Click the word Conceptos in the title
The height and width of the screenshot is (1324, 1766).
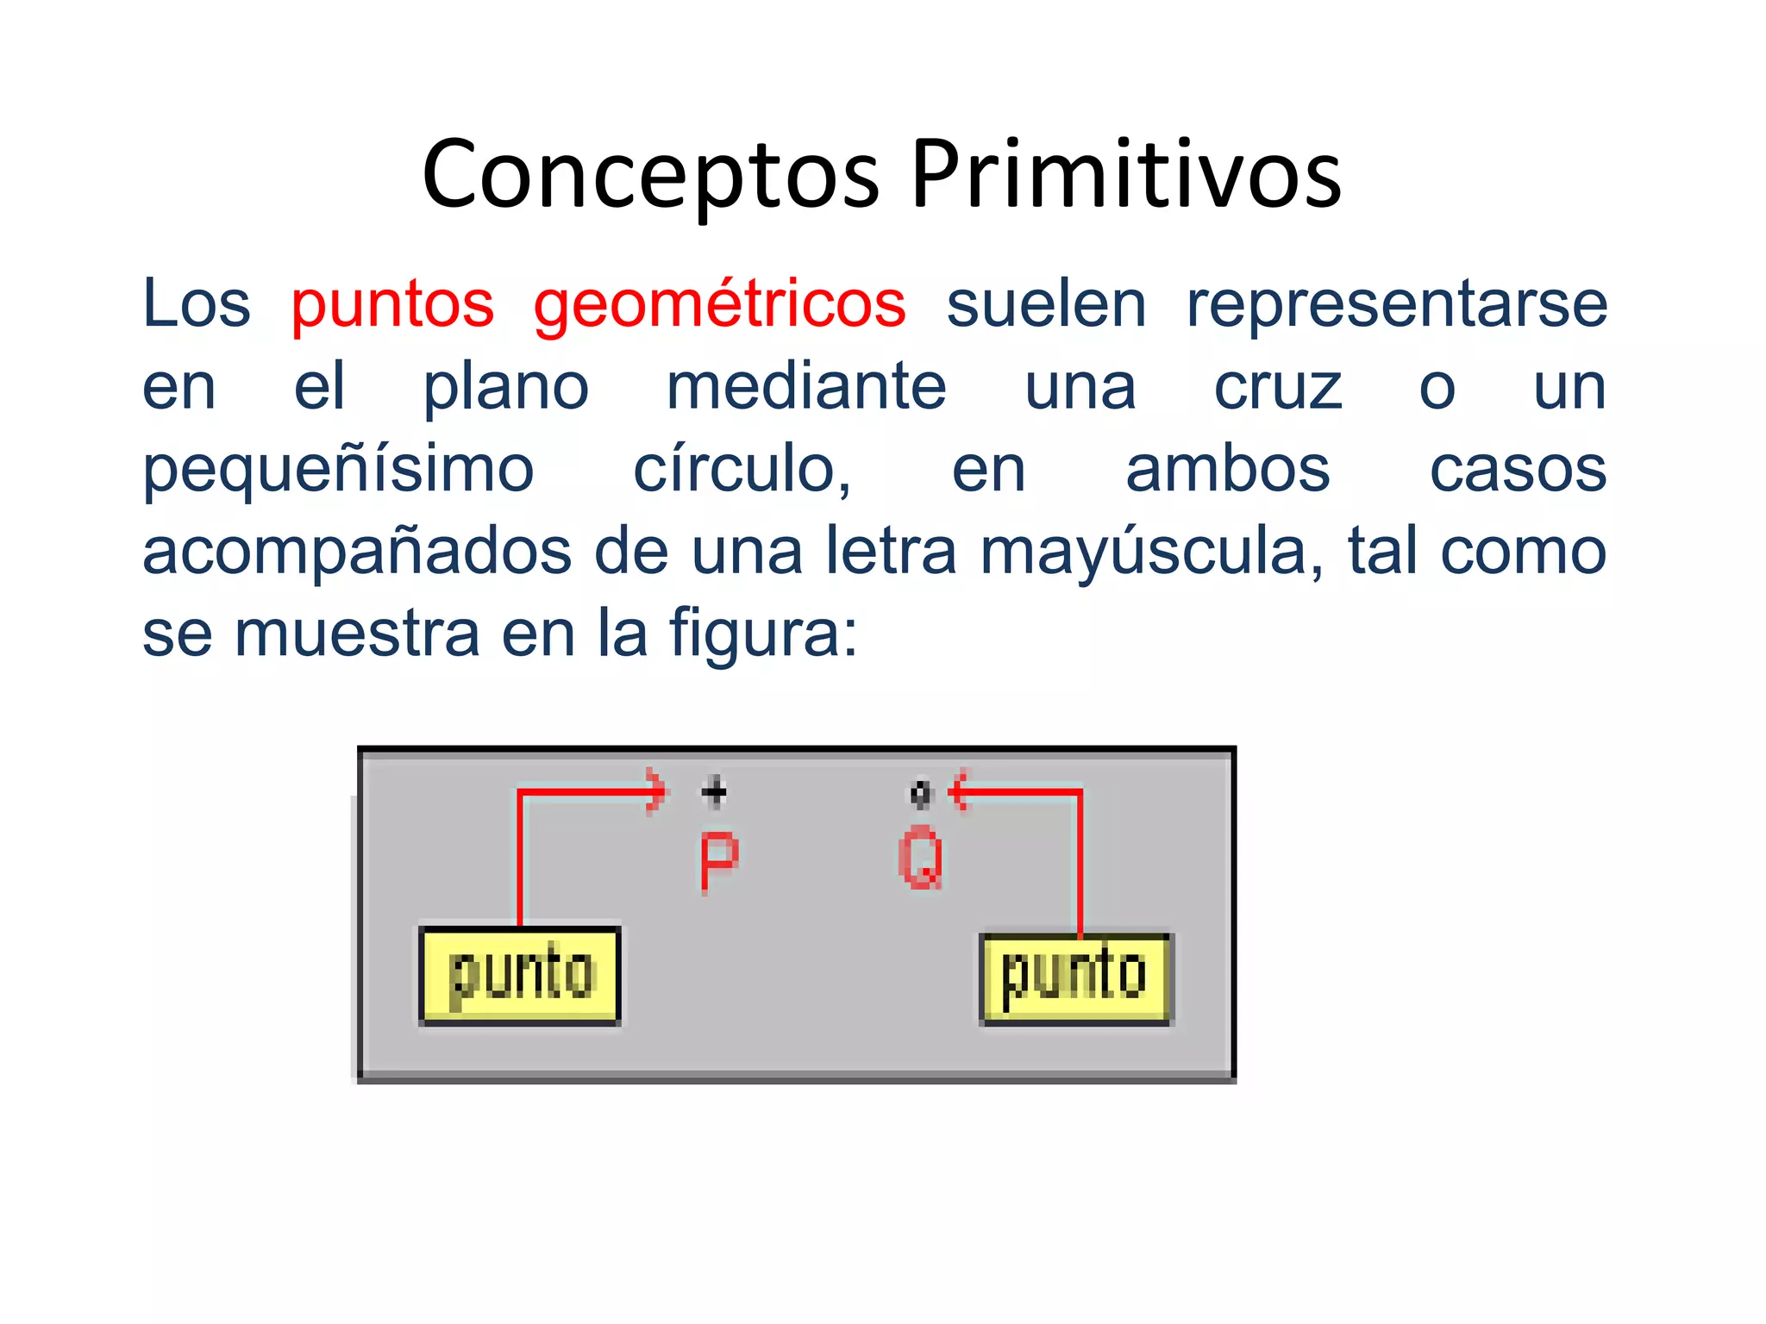pos(651,175)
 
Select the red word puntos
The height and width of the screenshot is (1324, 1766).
pos(392,304)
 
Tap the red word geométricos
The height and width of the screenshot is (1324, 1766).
pos(719,304)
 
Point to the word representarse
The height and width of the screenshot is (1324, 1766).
pos(1396,304)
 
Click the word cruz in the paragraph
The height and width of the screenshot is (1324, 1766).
pos(1278,386)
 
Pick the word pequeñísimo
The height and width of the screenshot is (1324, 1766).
pos(338,470)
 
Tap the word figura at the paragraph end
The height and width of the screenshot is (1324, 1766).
pos(763,634)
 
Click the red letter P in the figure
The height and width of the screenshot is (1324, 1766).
pos(718,861)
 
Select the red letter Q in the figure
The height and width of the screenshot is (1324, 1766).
pos(921,858)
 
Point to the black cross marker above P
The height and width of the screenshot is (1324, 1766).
pos(714,791)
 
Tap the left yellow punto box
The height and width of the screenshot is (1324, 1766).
pos(520,976)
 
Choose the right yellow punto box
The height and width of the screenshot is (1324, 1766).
pos(1076,978)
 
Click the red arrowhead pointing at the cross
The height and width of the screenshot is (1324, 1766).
pos(658,791)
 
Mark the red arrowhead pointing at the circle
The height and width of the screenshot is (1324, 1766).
pos(957,790)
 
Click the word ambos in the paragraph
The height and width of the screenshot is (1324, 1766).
pos(1228,470)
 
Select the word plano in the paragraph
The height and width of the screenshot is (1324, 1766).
pos(505,386)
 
